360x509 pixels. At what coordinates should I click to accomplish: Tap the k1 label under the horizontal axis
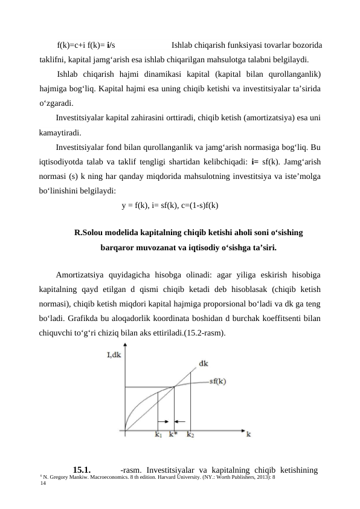pyautogui.click(x=158, y=434)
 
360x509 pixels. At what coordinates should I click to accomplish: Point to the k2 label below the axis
pyautogui.click(x=191, y=434)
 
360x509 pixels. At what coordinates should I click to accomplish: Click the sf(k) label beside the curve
pyautogui.click(x=217, y=381)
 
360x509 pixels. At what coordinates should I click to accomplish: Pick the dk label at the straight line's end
pyautogui.click(x=204, y=363)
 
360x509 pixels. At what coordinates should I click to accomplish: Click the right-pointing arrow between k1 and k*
pyautogui.click(x=162, y=421)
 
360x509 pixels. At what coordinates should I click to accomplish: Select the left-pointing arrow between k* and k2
pyautogui.click(x=181, y=421)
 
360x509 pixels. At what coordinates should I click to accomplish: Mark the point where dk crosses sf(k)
pyautogui.click(x=174, y=387)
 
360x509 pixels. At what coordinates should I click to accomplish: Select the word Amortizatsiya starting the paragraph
pyautogui.click(x=79, y=274)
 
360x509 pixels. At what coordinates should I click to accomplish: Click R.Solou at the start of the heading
pyautogui.click(x=89, y=232)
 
